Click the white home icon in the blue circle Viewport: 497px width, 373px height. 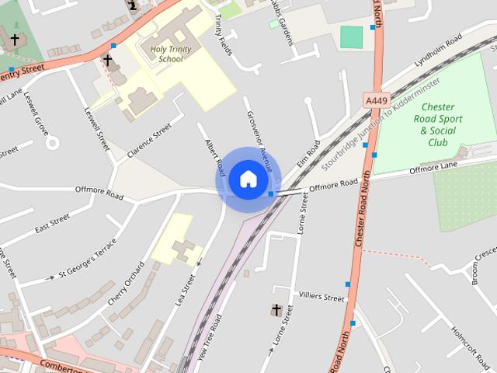pos(248,179)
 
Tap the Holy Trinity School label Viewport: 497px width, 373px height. pos(171,54)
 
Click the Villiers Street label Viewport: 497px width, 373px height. pos(321,297)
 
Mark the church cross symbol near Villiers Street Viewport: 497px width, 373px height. pos(276,311)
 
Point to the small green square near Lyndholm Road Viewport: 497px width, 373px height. pos(352,37)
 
